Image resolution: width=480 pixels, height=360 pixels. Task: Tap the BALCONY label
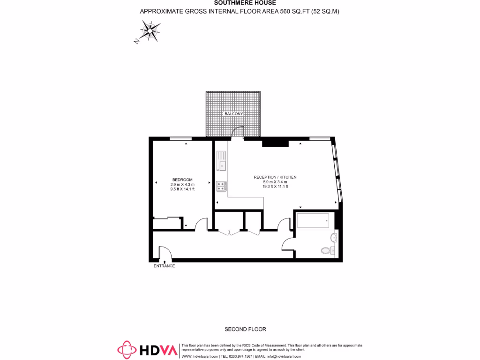(x=233, y=114)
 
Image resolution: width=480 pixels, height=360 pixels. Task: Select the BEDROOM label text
(x=182, y=180)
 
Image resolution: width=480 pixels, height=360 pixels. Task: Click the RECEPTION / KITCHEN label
(x=275, y=177)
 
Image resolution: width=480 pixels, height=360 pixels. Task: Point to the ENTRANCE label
(x=164, y=266)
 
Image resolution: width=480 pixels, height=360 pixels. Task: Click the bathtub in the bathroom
(x=313, y=220)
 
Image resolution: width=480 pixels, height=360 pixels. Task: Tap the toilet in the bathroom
(x=327, y=250)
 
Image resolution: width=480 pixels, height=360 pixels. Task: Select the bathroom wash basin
(x=334, y=238)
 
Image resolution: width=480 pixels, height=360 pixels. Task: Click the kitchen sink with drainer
(x=222, y=160)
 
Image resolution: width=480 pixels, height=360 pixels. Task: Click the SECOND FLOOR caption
(x=245, y=329)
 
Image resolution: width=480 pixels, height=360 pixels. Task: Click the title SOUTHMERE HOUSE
(x=240, y=3)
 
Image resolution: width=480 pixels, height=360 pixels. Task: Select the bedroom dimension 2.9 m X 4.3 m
(x=182, y=184)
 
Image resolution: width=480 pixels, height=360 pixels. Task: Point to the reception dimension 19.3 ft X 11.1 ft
(x=275, y=186)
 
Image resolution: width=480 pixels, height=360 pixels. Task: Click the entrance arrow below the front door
(x=164, y=262)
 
